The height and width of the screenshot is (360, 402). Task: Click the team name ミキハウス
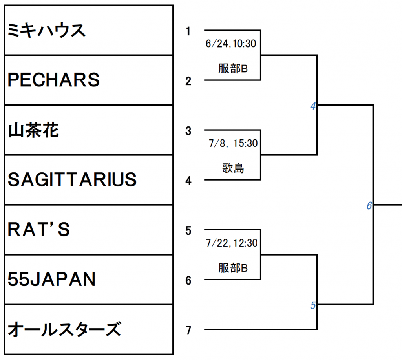(x=47, y=31)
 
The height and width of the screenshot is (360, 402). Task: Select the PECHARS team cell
(x=54, y=80)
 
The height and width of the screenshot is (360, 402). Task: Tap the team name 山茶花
(x=33, y=130)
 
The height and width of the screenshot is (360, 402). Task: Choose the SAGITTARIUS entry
(x=72, y=180)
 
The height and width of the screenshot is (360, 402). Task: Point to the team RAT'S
(x=39, y=230)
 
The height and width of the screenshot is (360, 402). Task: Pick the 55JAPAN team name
(x=52, y=280)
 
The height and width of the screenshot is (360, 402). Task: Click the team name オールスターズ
(x=64, y=329)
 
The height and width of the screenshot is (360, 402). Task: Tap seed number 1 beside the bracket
(x=188, y=31)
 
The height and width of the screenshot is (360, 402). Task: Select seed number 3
(x=188, y=131)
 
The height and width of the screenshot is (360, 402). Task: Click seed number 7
(x=188, y=331)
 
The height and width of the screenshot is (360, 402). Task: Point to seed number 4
(x=188, y=181)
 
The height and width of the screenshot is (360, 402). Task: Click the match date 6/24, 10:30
(x=231, y=44)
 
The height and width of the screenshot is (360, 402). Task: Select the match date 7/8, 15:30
(x=233, y=143)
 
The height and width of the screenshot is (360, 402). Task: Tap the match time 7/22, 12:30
(x=232, y=243)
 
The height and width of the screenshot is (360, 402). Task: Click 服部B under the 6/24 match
(x=233, y=69)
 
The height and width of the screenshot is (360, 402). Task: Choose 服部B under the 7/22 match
(x=233, y=268)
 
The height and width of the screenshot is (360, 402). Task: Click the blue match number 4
(x=313, y=106)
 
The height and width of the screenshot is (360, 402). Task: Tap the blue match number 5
(x=313, y=305)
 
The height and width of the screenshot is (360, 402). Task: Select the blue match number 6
(x=369, y=206)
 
